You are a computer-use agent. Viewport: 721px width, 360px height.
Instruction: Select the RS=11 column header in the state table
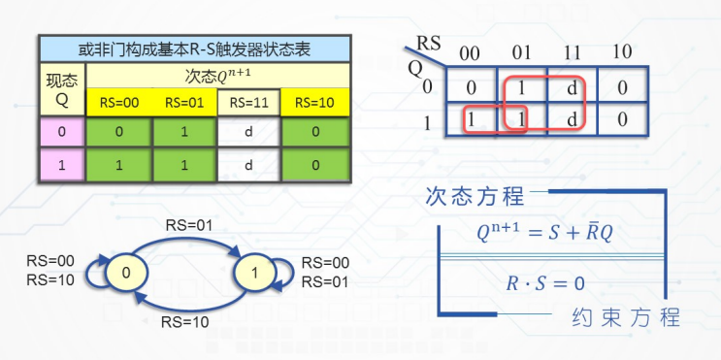(248, 102)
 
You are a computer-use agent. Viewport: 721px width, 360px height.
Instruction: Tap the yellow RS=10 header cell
(313, 102)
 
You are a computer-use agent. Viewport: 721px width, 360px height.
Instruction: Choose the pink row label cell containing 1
(62, 166)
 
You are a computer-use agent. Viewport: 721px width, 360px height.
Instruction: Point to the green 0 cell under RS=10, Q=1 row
(313, 166)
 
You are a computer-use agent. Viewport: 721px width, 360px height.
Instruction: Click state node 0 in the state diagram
(126, 273)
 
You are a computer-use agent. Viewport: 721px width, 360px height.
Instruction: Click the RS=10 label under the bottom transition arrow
(185, 319)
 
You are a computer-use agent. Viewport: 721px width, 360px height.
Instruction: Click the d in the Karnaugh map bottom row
(571, 120)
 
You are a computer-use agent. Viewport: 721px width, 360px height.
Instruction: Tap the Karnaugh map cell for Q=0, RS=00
(472, 87)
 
